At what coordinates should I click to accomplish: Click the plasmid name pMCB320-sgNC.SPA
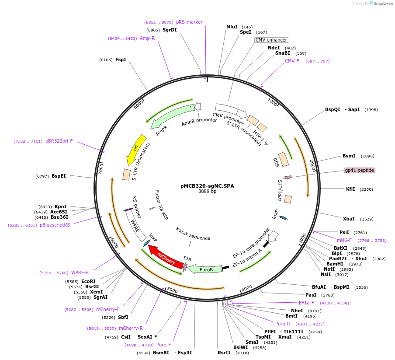coord(207,185)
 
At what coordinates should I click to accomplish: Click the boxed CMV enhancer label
coord(271,40)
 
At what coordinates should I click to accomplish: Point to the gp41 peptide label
coord(359,170)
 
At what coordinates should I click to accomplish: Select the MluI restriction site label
coord(232,27)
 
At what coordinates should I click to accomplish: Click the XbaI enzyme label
coord(349,219)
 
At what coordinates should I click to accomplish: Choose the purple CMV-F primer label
coord(292,61)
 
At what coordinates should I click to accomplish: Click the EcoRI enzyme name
coord(88,281)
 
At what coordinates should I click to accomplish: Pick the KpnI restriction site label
coord(61,206)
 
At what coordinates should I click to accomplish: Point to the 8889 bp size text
coord(207,191)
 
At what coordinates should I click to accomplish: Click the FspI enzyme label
coord(121,59)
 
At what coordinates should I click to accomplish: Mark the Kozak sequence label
coord(193,234)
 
